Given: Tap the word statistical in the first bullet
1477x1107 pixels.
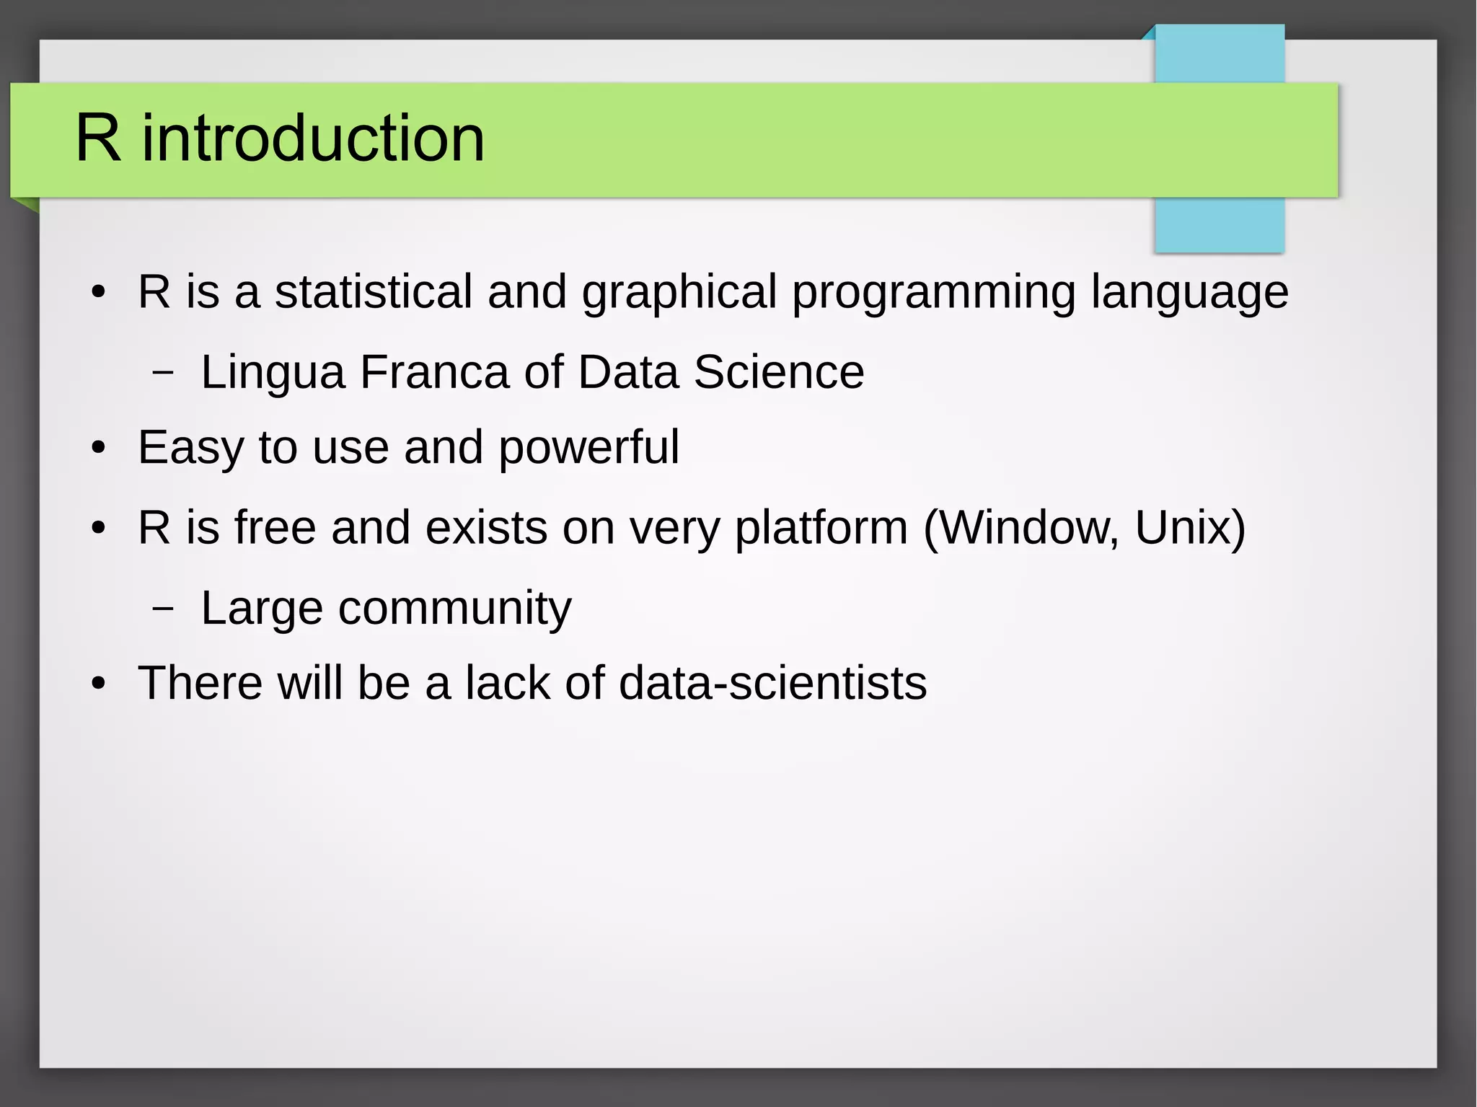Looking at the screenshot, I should point(373,292).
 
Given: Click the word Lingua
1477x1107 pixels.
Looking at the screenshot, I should point(273,374).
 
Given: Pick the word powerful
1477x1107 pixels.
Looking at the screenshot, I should point(588,449).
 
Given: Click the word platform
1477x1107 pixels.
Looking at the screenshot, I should point(821,529).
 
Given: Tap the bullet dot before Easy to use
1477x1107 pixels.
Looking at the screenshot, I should point(99,449).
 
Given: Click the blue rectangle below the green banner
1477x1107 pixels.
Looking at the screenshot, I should point(1219,225).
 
